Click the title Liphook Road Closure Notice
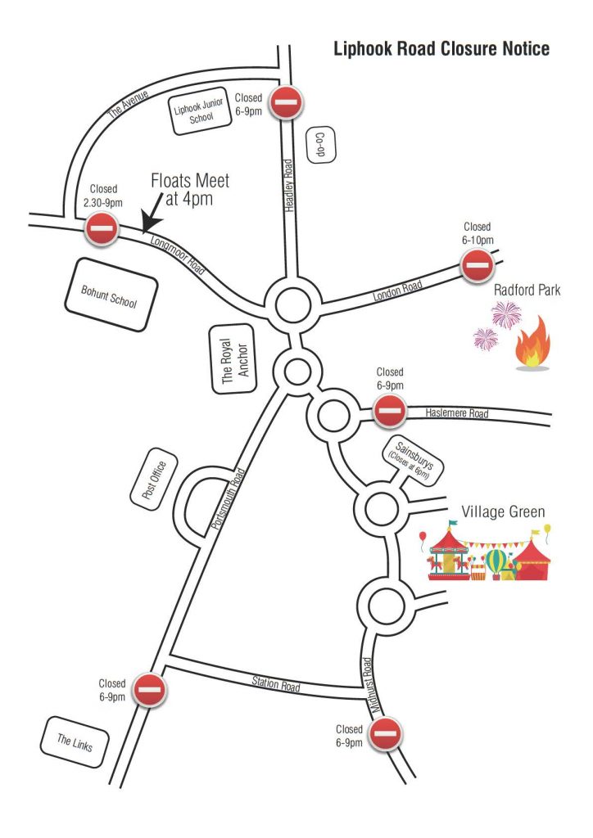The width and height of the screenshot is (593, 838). coord(441,49)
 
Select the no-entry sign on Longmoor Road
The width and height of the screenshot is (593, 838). coord(103,229)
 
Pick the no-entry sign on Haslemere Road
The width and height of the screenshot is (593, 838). coord(389,411)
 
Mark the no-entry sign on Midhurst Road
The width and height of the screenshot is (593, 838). coord(384,733)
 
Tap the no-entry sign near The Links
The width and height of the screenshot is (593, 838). coord(150,690)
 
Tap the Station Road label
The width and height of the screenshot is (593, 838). coord(275,682)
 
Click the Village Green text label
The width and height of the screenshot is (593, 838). coord(503,512)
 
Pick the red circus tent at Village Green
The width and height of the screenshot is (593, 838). coord(532,559)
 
